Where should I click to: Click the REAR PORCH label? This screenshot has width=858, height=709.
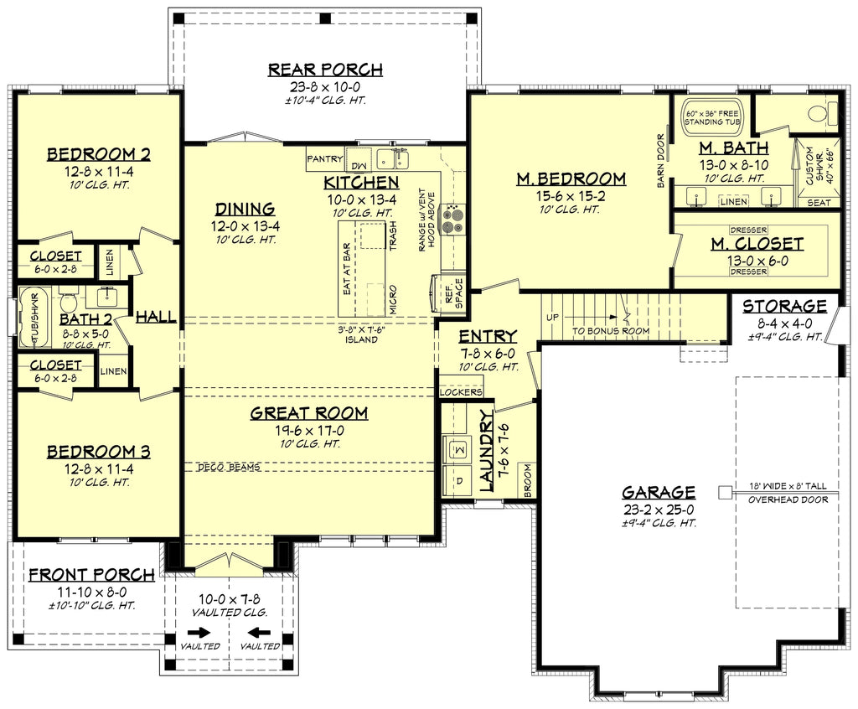[325, 70]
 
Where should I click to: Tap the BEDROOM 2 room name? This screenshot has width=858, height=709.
[110, 154]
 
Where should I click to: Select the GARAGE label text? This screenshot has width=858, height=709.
[659, 492]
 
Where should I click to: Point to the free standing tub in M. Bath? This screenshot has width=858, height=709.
[712, 116]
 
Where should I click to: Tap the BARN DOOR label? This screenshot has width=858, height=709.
[661, 160]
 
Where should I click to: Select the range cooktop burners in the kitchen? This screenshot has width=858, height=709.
[453, 218]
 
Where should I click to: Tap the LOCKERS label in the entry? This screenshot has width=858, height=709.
[462, 391]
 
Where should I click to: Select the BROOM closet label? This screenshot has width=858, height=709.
[528, 481]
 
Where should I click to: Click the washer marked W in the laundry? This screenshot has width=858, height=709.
[458, 450]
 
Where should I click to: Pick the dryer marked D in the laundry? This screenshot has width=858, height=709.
[458, 481]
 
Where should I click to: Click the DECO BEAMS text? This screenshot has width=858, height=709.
[229, 467]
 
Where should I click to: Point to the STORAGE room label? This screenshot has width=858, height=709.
[784, 306]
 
